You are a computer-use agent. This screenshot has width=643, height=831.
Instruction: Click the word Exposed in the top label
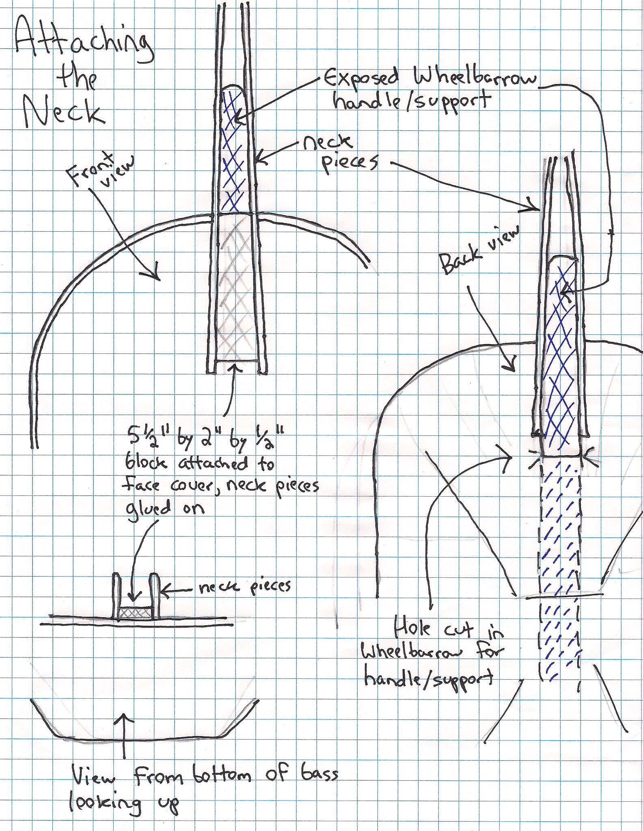tap(363, 77)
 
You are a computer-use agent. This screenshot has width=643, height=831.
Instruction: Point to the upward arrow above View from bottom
tap(124, 736)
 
